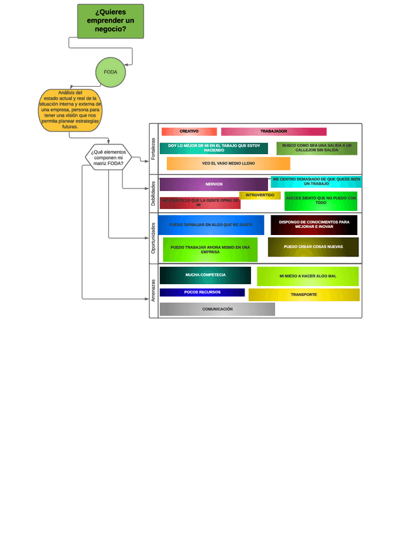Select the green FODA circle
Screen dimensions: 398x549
tap(111, 72)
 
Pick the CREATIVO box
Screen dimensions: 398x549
tap(188, 131)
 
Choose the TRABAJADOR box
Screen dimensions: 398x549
tap(273, 131)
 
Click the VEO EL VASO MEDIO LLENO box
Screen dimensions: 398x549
tap(228, 163)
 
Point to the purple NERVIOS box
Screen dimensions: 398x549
tap(214, 184)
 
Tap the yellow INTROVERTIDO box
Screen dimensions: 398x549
tap(260, 195)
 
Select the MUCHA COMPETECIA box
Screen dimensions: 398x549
tap(205, 275)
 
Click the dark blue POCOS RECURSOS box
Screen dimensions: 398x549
tap(202, 292)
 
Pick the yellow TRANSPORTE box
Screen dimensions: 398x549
tap(304, 295)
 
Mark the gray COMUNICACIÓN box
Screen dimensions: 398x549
tap(217, 309)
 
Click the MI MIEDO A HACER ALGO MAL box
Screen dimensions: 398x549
tap(307, 276)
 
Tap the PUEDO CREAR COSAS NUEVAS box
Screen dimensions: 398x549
tap(313, 247)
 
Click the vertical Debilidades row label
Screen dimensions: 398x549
tap(153, 193)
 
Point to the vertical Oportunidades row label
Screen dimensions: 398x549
tap(153, 238)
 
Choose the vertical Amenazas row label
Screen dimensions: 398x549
tap(153, 290)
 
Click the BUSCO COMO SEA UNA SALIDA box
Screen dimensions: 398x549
tap(316, 148)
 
